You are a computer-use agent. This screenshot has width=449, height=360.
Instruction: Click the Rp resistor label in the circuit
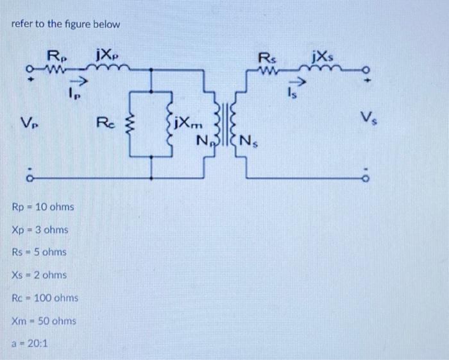coord(55,55)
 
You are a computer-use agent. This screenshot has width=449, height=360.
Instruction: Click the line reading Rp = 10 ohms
coord(43,207)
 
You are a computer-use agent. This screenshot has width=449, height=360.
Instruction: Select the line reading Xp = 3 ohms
coord(40,230)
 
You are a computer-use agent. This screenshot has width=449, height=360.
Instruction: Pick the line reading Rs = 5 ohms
coord(39,252)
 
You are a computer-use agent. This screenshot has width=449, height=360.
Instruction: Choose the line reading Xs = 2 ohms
coord(38,275)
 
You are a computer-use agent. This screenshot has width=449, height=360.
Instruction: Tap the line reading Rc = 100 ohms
coord(45,298)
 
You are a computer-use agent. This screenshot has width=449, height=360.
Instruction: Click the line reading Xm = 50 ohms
coord(44,321)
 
